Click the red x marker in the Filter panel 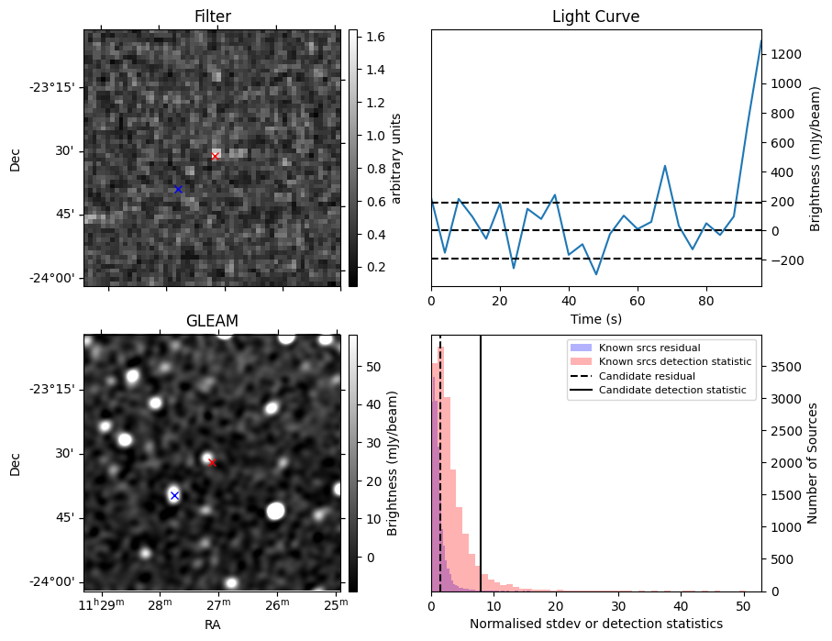(215, 156)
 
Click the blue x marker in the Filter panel (178, 189)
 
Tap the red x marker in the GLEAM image (212, 462)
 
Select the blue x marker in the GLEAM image (174, 495)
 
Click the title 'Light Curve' (595, 17)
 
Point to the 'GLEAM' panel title (212, 321)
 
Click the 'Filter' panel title (212, 17)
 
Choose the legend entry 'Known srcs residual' (649, 348)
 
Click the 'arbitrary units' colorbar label (396, 158)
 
